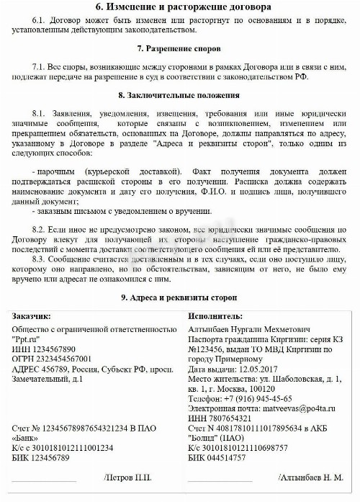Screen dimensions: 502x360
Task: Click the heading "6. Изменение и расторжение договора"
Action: point(180,7)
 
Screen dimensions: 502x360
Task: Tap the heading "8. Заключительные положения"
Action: point(180,95)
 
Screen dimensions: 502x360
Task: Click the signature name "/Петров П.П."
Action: point(128,478)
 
